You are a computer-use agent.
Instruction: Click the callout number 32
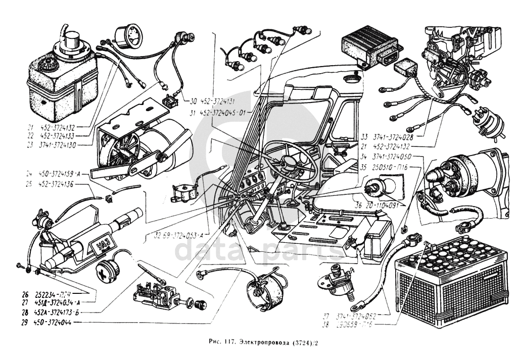point(158,235)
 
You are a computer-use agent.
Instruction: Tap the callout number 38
point(326,325)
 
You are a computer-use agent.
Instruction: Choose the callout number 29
point(25,322)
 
